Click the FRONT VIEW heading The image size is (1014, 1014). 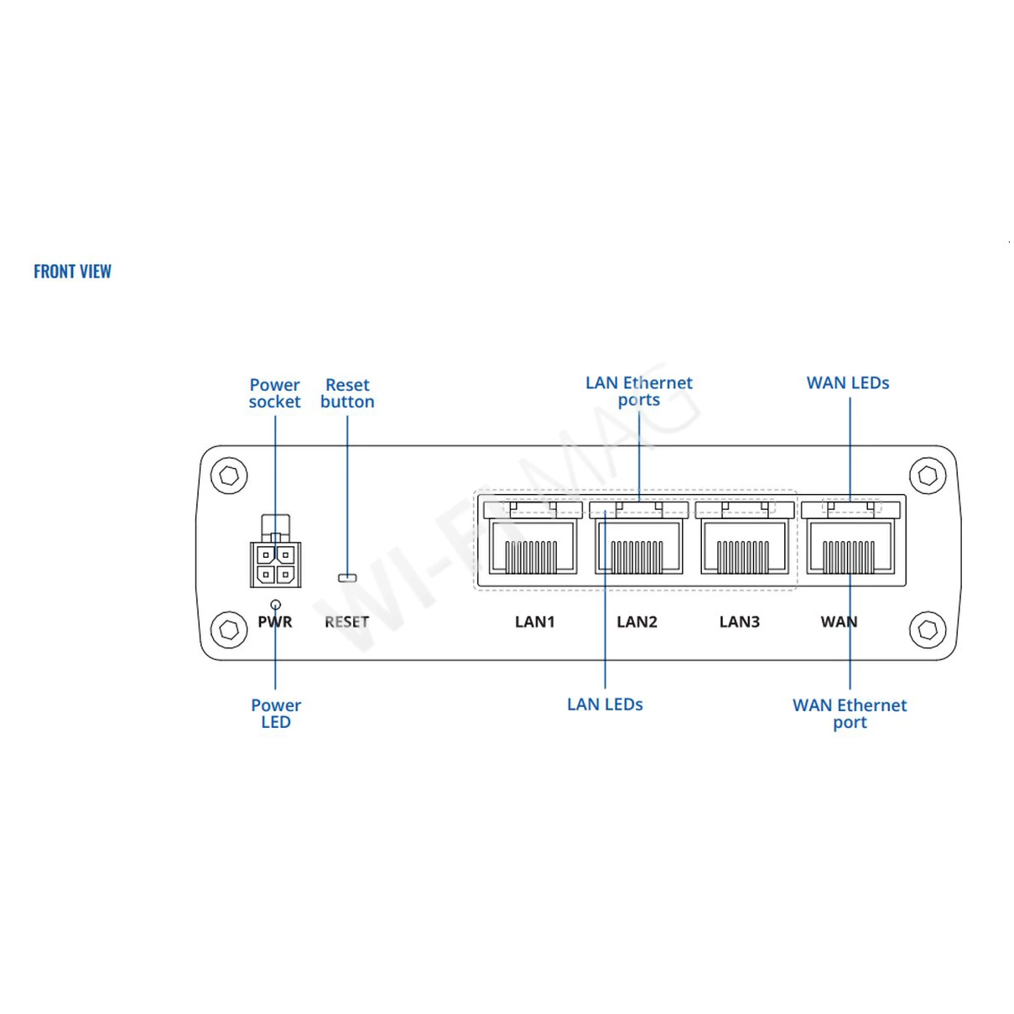tap(72, 272)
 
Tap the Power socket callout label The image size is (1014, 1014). tap(274, 393)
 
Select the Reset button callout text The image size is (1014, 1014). tap(347, 393)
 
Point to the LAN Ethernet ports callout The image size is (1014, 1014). tap(639, 391)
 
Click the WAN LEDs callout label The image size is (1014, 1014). tap(848, 383)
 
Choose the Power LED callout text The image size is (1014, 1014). tap(276, 714)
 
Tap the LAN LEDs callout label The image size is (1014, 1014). tap(605, 705)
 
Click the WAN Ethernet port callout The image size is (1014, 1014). tap(850, 714)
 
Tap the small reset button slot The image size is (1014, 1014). tap(347, 578)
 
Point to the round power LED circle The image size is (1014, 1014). tap(276, 604)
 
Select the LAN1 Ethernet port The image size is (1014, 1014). tap(533, 545)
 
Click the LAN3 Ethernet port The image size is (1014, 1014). tap(743, 545)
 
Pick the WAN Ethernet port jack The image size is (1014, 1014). tap(849, 545)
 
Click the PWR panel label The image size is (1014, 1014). tap(275, 622)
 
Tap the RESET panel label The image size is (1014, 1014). tap(347, 622)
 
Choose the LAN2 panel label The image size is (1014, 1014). tap(637, 622)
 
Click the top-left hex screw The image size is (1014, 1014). tap(229, 476)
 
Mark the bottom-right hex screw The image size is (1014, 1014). tap(928, 629)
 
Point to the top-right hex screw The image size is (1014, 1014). tap(928, 476)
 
